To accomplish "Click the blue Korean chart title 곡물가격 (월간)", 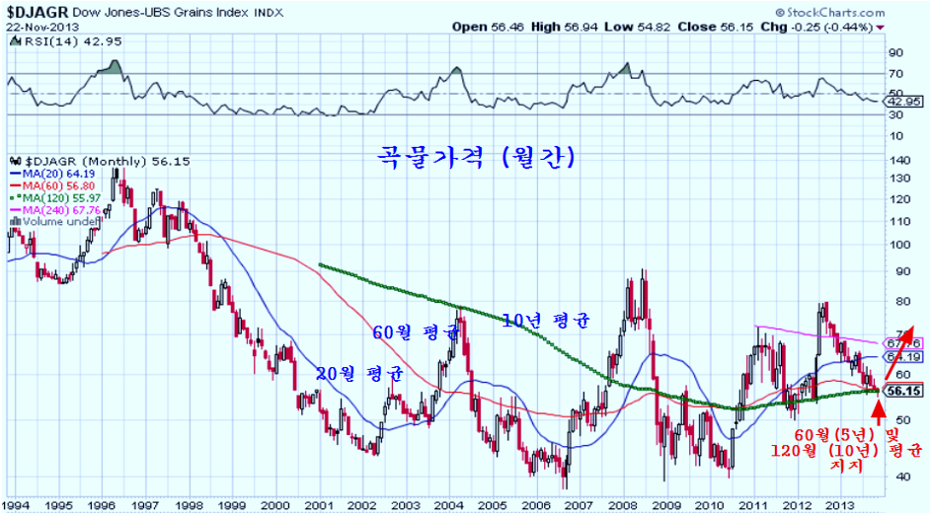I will click(x=477, y=157).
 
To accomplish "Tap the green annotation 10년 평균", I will click(x=545, y=321).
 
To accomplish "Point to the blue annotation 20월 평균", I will click(x=360, y=375).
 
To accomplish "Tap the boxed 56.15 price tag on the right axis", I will click(x=904, y=391).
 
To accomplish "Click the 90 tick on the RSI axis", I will click(x=896, y=53).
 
